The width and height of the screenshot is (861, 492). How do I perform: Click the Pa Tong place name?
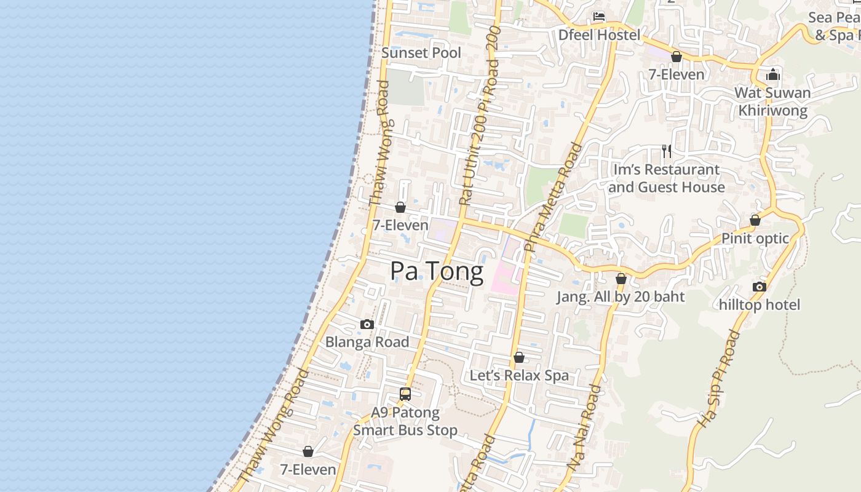coord(437,271)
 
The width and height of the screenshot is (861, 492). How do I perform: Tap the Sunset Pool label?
coord(421,53)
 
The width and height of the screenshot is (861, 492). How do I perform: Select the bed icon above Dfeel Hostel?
coord(599,17)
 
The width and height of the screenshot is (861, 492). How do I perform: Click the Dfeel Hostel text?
coord(599,35)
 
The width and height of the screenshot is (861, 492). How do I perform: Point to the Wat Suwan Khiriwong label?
coord(773,101)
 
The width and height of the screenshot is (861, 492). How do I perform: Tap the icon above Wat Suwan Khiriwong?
coord(773,75)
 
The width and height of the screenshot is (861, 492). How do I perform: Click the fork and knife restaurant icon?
coord(667,151)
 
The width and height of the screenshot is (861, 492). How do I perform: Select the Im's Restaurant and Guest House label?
coord(667,178)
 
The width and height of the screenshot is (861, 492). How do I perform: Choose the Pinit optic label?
coord(755,239)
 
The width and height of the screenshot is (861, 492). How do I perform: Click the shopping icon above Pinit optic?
coord(755,220)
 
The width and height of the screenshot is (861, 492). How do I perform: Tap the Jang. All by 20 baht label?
coord(621,297)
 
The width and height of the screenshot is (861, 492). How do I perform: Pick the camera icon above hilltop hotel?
coord(760,287)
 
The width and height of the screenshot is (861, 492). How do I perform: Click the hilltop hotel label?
coord(760,305)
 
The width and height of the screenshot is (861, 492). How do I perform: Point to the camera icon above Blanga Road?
coord(367,324)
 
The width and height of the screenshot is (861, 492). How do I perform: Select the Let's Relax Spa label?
coord(519,375)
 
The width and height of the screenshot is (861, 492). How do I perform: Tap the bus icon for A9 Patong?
coord(405,394)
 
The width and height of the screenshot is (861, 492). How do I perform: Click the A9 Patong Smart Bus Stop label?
coord(405,421)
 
